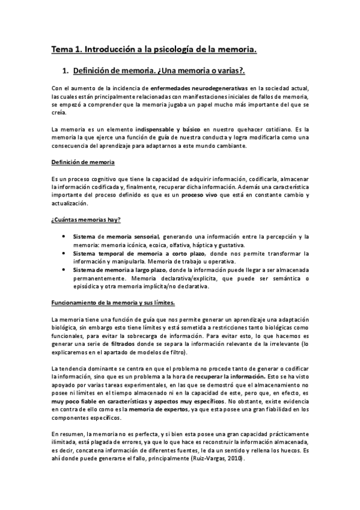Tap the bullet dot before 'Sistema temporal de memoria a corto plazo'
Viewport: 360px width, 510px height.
point(64,254)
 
